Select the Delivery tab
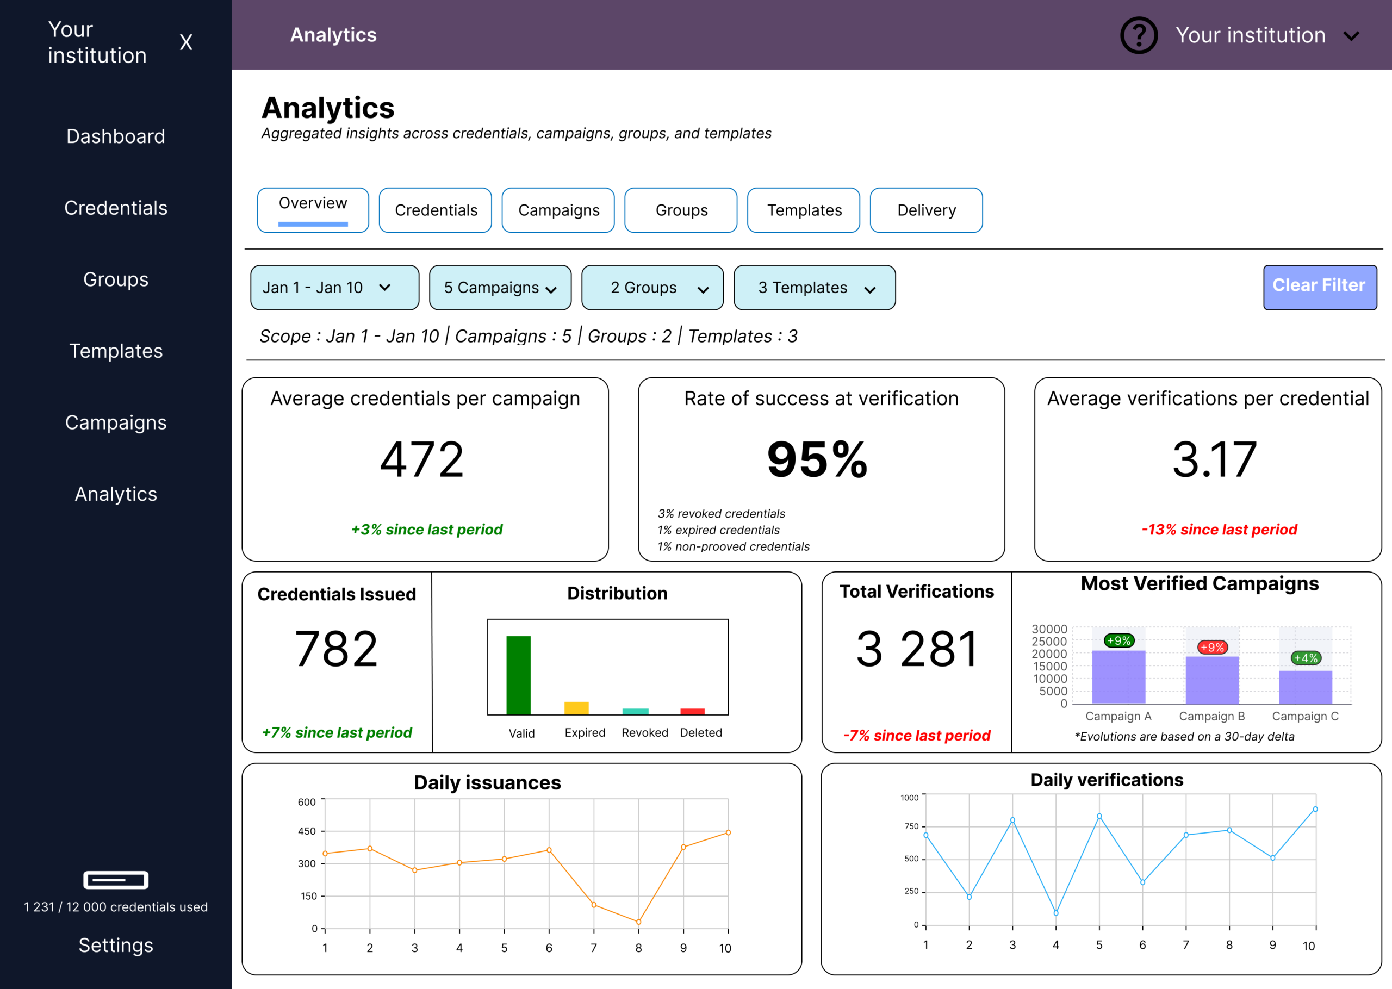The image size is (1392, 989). pos(925,210)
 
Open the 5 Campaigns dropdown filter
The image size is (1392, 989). pos(500,288)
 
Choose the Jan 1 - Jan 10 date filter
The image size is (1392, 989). pos(334,288)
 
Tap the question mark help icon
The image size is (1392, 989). pos(1138,35)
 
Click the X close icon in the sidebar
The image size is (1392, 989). pos(186,42)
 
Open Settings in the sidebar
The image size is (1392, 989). pos(116,944)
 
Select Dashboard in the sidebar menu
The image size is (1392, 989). pos(116,136)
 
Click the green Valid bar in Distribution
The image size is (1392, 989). pos(518,675)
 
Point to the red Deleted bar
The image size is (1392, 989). pos(692,711)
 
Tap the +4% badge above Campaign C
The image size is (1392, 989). pos(1305,658)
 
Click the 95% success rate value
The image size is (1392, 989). pos(817,459)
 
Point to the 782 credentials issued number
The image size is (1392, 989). pos(336,649)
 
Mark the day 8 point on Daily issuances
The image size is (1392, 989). pos(638,922)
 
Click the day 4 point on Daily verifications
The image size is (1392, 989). pos(1056,913)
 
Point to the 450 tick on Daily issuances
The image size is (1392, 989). pos(307,831)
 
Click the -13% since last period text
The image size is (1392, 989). pos(1219,529)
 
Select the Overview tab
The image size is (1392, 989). pos(313,210)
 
